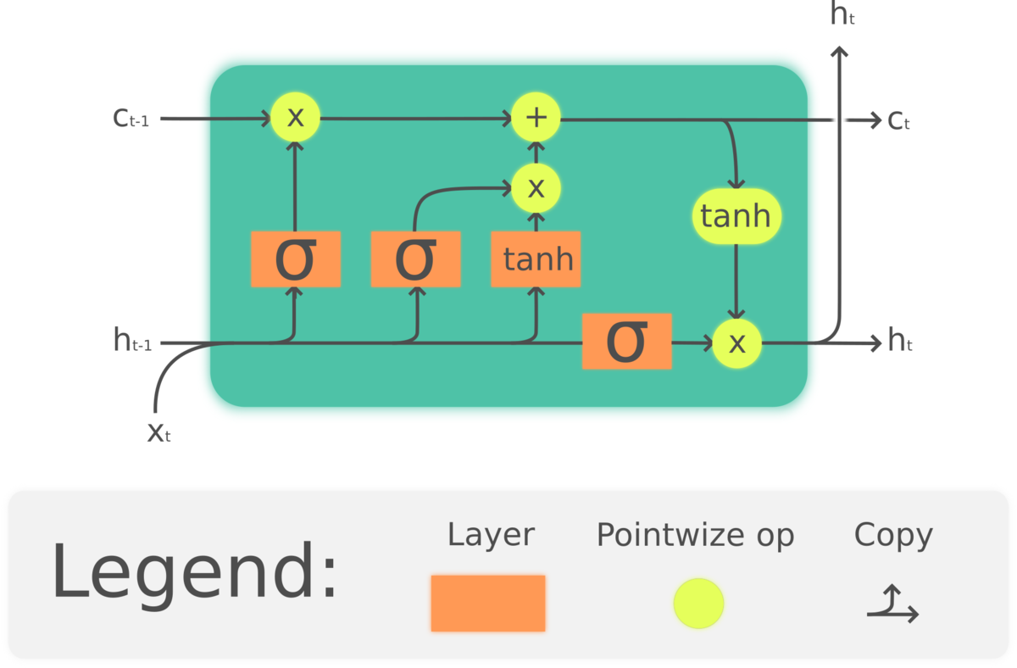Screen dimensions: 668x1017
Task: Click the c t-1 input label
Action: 131,118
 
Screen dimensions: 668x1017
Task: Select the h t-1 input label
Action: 132,341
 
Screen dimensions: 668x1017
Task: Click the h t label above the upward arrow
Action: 842,14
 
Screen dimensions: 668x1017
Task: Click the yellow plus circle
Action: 536,118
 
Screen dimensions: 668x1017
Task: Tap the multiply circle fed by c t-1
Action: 295,117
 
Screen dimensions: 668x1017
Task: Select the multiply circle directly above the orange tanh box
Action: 536,188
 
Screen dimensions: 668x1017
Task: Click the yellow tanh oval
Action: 736,216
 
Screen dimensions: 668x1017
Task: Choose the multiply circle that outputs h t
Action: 736,342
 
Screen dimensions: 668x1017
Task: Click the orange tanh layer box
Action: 536,259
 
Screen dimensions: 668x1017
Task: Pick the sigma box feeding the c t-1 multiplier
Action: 295,259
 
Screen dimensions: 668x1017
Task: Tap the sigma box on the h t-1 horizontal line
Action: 626,341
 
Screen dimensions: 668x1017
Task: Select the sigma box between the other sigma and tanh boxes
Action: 415,259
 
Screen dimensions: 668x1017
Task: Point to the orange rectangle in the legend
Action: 487,603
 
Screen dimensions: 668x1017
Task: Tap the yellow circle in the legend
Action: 698,604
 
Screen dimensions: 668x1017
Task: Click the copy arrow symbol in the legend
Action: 892,604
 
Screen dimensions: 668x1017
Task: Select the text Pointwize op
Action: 695,535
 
